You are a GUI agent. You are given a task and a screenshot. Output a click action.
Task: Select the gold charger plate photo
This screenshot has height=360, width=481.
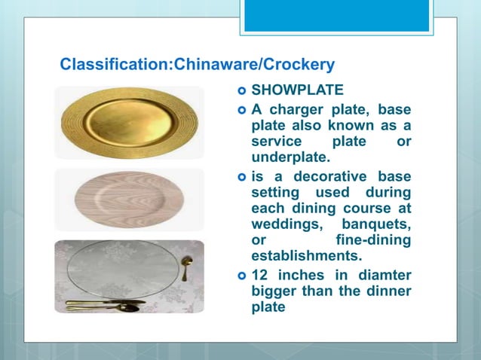click(129, 121)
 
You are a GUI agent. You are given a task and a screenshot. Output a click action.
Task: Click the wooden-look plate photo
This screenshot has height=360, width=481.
click(129, 199)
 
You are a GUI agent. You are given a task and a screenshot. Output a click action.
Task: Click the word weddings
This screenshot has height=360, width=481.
click(283, 224)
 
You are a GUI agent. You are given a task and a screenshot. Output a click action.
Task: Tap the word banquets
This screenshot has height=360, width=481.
click(376, 224)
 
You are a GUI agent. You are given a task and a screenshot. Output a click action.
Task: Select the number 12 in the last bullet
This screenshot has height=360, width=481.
click(259, 276)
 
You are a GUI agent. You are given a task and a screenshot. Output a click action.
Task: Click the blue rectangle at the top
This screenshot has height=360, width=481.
click(336, 15)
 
